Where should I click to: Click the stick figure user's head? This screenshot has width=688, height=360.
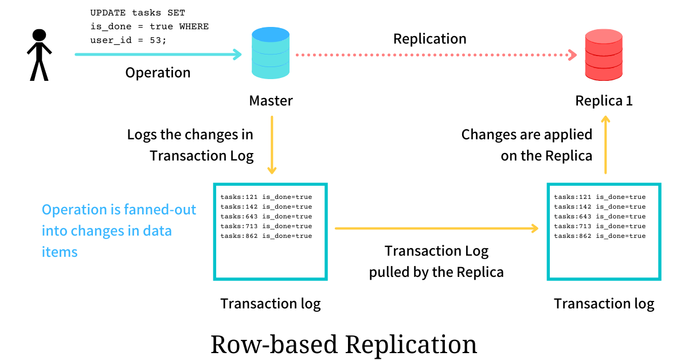coord(40,35)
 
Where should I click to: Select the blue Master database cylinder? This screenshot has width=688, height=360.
coord(271,53)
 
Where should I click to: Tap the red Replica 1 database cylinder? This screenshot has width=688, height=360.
coord(604,54)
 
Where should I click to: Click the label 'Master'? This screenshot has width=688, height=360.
coord(271,101)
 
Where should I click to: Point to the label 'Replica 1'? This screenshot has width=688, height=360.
coord(604,101)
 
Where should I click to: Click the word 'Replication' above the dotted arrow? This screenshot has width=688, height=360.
coord(429,39)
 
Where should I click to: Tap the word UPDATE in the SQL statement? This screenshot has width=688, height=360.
coord(108,13)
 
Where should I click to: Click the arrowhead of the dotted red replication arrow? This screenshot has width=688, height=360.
coord(572,55)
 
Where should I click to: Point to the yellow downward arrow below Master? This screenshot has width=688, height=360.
coord(272,144)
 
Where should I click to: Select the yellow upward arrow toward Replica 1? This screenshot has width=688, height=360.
coord(605,144)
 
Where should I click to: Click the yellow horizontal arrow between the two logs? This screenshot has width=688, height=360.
coord(436,228)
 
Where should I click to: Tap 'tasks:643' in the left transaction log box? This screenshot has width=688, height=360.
coord(239,216)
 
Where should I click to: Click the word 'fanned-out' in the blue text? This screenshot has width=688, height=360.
coord(160,210)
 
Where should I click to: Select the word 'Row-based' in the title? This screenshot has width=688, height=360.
coord(275,345)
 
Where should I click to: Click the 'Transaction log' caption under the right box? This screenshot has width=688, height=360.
coord(604,304)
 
